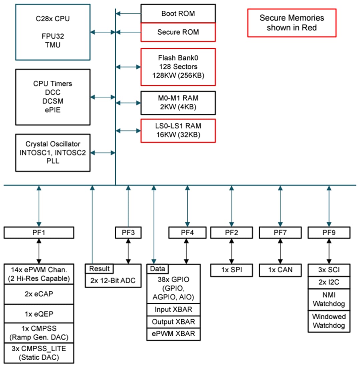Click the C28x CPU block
53,32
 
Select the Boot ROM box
178,14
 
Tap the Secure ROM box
178,32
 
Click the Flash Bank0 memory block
178,66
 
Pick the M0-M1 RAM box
178,102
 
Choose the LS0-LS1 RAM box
178,130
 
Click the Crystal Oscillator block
53,153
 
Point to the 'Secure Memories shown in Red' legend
292,23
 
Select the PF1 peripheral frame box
39,233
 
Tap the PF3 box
128,233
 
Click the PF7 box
280,233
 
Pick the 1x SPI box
231,270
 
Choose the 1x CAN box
280,270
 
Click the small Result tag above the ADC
99,269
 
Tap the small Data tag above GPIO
158,269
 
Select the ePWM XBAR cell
173,334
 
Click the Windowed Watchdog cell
329,321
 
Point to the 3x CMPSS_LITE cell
39,353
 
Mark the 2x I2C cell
329,283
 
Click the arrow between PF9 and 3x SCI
329,251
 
